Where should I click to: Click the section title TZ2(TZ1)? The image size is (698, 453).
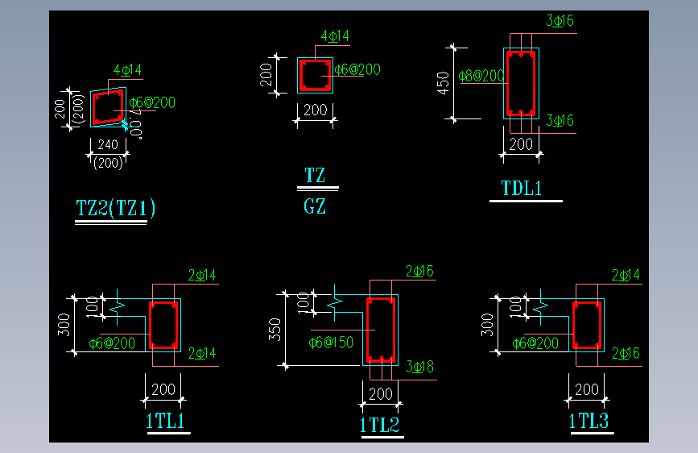(115, 209)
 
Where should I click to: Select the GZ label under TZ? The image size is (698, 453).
(315, 206)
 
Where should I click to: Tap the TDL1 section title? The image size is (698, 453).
(522, 189)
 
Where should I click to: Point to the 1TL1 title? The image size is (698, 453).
(166, 421)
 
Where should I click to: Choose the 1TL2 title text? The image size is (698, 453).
(380, 425)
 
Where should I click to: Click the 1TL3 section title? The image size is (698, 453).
(589, 421)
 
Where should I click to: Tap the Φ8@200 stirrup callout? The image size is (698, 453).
(481, 76)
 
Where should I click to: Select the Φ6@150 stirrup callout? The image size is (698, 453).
(331, 343)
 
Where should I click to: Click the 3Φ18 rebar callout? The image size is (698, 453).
(419, 368)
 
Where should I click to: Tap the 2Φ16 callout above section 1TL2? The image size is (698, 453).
(419, 272)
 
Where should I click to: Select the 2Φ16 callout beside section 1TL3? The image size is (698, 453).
(626, 353)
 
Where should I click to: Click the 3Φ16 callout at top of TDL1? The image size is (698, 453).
(560, 21)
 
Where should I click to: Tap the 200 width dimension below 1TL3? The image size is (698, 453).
(587, 389)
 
